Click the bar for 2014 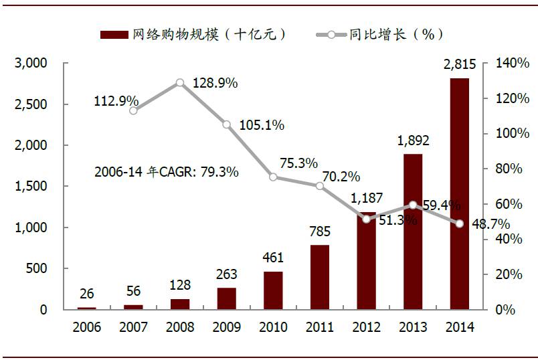tap(459, 194)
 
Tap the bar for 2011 tap(319, 277)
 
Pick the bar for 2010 tap(273, 290)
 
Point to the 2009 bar tap(226, 298)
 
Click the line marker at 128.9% tap(180, 83)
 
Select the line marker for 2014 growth tap(460, 223)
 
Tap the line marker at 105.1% tap(226, 124)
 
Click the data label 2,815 tap(459, 65)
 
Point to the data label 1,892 tap(413, 141)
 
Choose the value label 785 tap(319, 232)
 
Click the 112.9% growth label tap(116, 101)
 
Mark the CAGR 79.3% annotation tap(166, 172)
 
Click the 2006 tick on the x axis tap(87, 327)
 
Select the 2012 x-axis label tap(366, 327)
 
